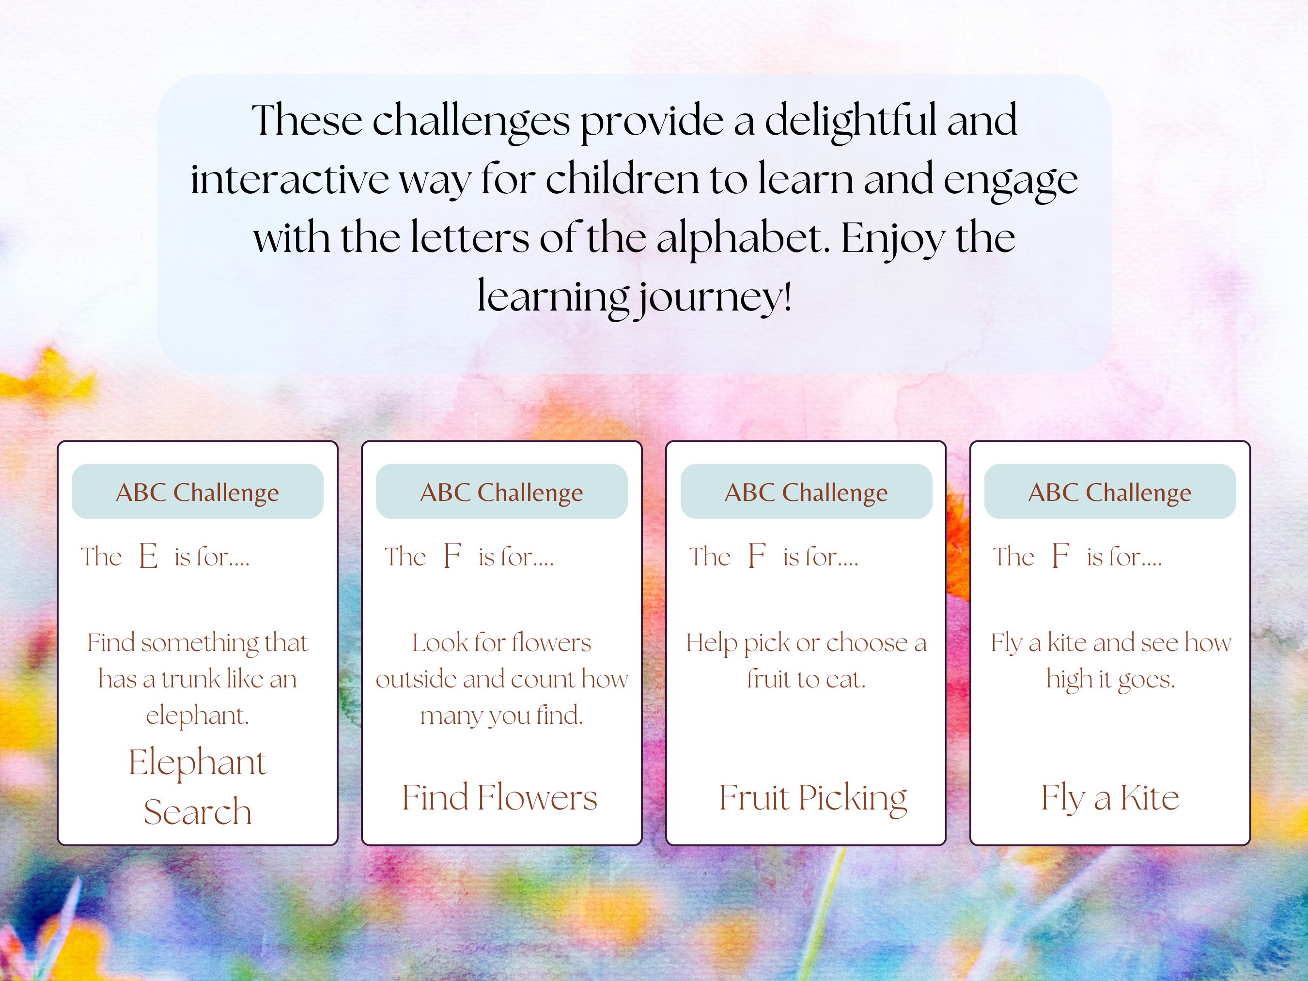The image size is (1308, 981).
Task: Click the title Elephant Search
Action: pos(198,786)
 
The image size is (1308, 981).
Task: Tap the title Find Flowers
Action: pos(499,798)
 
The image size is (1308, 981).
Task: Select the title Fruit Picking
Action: pos(813,798)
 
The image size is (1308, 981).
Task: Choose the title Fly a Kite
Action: pos(1110,798)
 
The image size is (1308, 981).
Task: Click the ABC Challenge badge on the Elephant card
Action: pos(198,492)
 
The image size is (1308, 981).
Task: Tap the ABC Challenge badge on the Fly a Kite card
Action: pos(1110,492)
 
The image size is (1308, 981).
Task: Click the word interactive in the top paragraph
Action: pos(290,180)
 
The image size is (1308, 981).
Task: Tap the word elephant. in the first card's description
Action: pos(198,716)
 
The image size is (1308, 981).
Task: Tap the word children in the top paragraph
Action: pos(623,180)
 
